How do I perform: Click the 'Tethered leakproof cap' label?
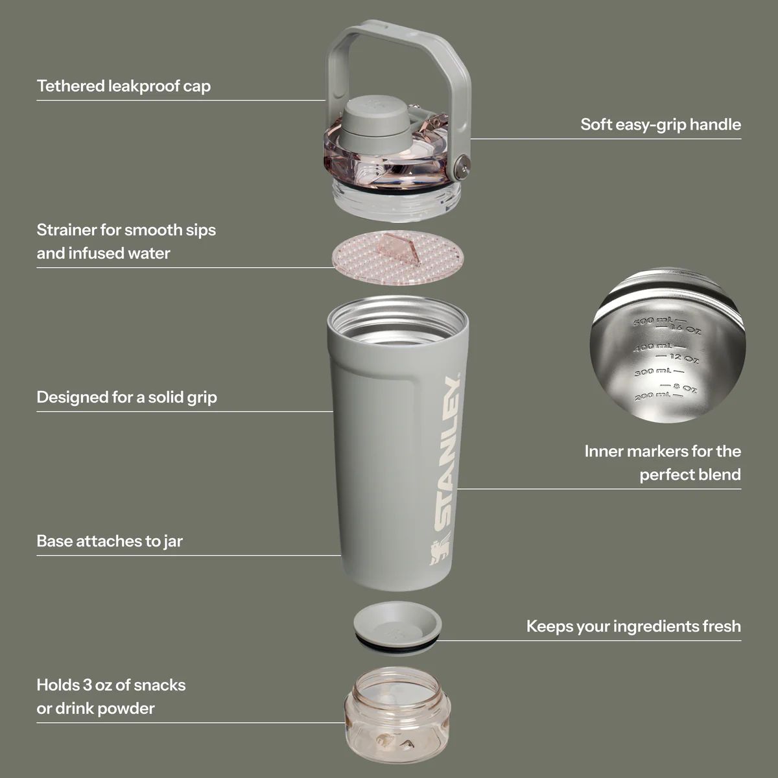(123, 86)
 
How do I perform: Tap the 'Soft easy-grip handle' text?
(660, 124)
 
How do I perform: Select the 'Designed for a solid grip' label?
(126, 397)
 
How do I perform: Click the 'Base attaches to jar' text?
(110, 541)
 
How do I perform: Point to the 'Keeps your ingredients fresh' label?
(633, 626)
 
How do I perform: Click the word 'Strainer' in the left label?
(65, 230)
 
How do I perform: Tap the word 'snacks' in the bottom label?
(159, 685)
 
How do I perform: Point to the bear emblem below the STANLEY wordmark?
(439, 556)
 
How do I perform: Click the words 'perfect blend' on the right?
(690, 475)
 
